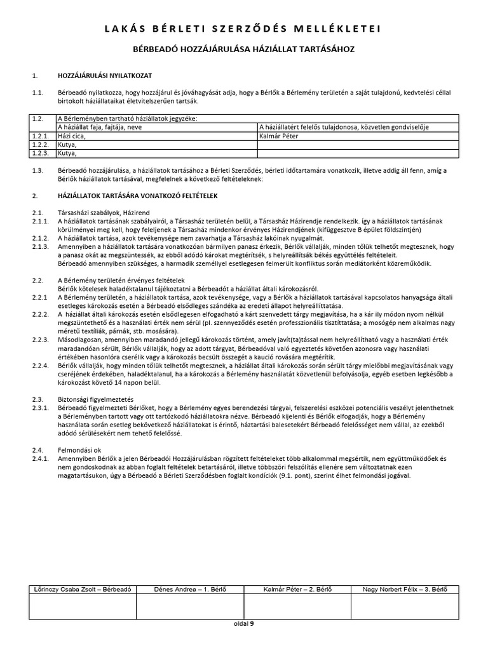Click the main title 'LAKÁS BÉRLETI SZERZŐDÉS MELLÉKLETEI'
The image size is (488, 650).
[x=244, y=29]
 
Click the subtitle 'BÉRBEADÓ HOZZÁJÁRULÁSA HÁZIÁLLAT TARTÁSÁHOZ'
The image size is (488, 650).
[x=244, y=49]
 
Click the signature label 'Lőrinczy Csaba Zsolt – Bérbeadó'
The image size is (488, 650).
[x=82, y=590]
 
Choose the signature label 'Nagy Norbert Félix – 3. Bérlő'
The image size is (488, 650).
[x=405, y=590]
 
